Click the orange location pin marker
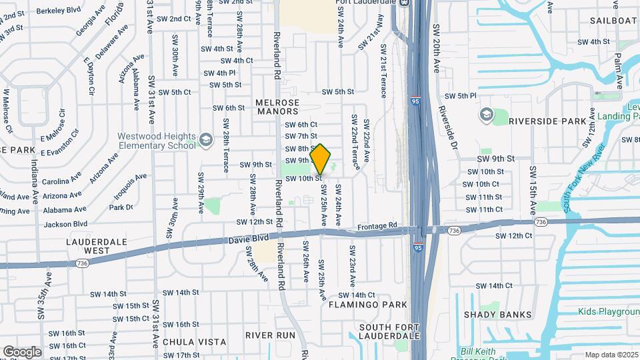tap(321, 159)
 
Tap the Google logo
tap(22, 351)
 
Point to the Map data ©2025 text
tap(611, 355)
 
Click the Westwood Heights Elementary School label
tap(157, 140)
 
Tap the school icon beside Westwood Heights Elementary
tap(205, 140)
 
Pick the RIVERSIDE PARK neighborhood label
tap(547, 122)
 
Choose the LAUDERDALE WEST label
tap(88, 246)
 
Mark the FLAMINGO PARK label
tap(367, 305)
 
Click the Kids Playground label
tap(609, 312)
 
